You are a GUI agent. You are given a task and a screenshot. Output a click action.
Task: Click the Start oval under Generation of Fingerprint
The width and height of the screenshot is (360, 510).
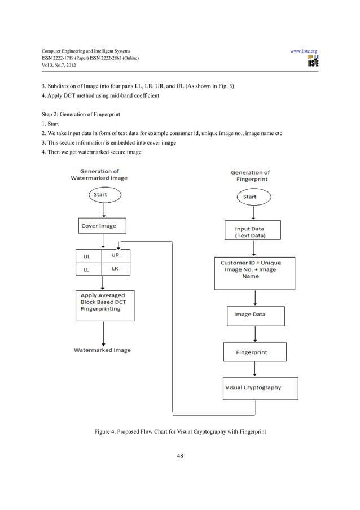249,197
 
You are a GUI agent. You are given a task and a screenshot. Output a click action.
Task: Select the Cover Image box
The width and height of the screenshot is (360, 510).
100,226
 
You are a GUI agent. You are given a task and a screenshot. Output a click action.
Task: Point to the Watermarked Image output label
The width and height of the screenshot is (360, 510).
102,350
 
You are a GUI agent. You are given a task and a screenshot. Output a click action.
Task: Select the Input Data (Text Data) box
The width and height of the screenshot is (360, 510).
249,232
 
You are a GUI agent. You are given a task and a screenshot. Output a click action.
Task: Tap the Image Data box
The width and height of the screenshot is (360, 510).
255,315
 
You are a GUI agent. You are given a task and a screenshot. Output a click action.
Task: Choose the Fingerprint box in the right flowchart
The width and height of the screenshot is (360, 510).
254,352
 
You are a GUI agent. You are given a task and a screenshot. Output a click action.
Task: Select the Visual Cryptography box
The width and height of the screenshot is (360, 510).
260,388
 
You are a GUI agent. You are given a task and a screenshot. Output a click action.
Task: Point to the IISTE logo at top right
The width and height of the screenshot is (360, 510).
313,62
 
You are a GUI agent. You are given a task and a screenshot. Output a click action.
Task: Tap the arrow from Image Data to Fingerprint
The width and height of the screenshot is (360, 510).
255,334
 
